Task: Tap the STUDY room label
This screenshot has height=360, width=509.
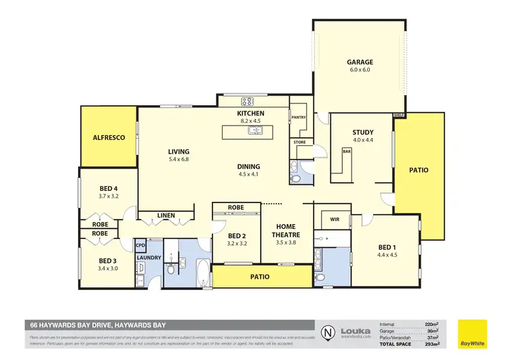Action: coord(363,132)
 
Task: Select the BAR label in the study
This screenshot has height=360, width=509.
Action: coord(346,151)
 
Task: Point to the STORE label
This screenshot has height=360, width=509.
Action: coord(299,143)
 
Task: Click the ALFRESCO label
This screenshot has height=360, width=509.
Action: coord(109,137)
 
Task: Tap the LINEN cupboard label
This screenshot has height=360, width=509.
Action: coord(166,216)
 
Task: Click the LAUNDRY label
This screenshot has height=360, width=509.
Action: coord(148,258)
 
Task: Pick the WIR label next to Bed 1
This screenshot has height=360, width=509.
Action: coord(334,219)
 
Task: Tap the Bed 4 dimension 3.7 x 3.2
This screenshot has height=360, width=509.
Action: coord(108,196)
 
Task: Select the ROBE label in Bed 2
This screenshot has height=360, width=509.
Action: coord(236,207)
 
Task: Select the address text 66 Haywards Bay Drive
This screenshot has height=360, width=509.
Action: coord(96,325)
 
